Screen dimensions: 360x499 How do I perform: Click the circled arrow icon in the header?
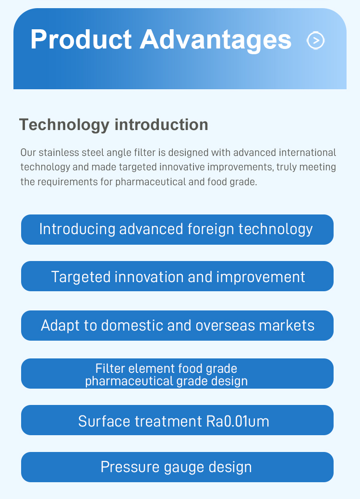tap(315, 40)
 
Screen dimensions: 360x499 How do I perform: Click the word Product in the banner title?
tap(81, 39)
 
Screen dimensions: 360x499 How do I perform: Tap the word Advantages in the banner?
tap(216, 40)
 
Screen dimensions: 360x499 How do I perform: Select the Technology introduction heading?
tap(114, 125)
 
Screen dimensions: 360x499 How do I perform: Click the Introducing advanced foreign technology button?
tap(177, 229)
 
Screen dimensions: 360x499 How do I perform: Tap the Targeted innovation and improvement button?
tap(177, 276)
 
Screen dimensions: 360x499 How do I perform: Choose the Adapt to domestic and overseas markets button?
tap(177, 326)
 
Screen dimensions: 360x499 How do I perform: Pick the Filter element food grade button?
tap(177, 374)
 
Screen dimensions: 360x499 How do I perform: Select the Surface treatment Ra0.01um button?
tap(177, 420)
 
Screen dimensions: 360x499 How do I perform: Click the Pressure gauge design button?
tap(177, 467)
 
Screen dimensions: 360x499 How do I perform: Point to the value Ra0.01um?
tap(238, 421)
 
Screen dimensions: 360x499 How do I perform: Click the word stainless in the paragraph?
tap(59, 153)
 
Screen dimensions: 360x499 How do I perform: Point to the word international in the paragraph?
tap(308, 153)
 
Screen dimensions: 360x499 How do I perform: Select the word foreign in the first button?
tap(211, 229)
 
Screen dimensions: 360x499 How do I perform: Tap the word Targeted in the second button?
tap(81, 277)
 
